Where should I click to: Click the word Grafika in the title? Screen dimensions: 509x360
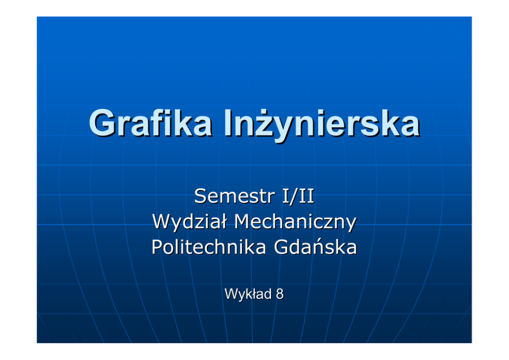[x=151, y=123]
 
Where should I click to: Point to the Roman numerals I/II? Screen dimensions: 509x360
[x=298, y=196]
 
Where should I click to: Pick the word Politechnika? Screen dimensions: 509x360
[x=209, y=247]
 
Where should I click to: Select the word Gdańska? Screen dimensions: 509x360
[x=315, y=247]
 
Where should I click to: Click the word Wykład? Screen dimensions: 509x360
[x=248, y=294]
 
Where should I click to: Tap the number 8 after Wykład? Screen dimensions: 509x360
[x=280, y=294]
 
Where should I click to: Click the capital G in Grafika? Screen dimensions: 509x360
[x=102, y=123]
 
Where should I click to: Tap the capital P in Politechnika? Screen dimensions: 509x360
[x=157, y=247]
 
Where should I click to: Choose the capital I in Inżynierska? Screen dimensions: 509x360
[x=227, y=123]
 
